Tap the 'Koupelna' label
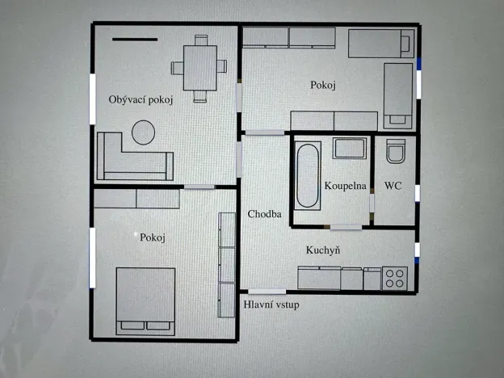[346, 186]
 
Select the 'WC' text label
[393, 186]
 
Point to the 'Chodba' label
[264, 215]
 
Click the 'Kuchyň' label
[322, 250]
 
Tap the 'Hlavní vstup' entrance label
[271, 304]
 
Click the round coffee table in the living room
[144, 131]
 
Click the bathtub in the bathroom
[308, 174]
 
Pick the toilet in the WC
[396, 151]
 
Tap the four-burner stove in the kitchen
[395, 278]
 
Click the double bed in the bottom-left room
[146, 300]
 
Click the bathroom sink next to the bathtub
[349, 148]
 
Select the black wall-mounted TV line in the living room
[135, 38]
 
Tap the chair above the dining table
[199, 40]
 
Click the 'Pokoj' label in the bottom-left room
[152, 237]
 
